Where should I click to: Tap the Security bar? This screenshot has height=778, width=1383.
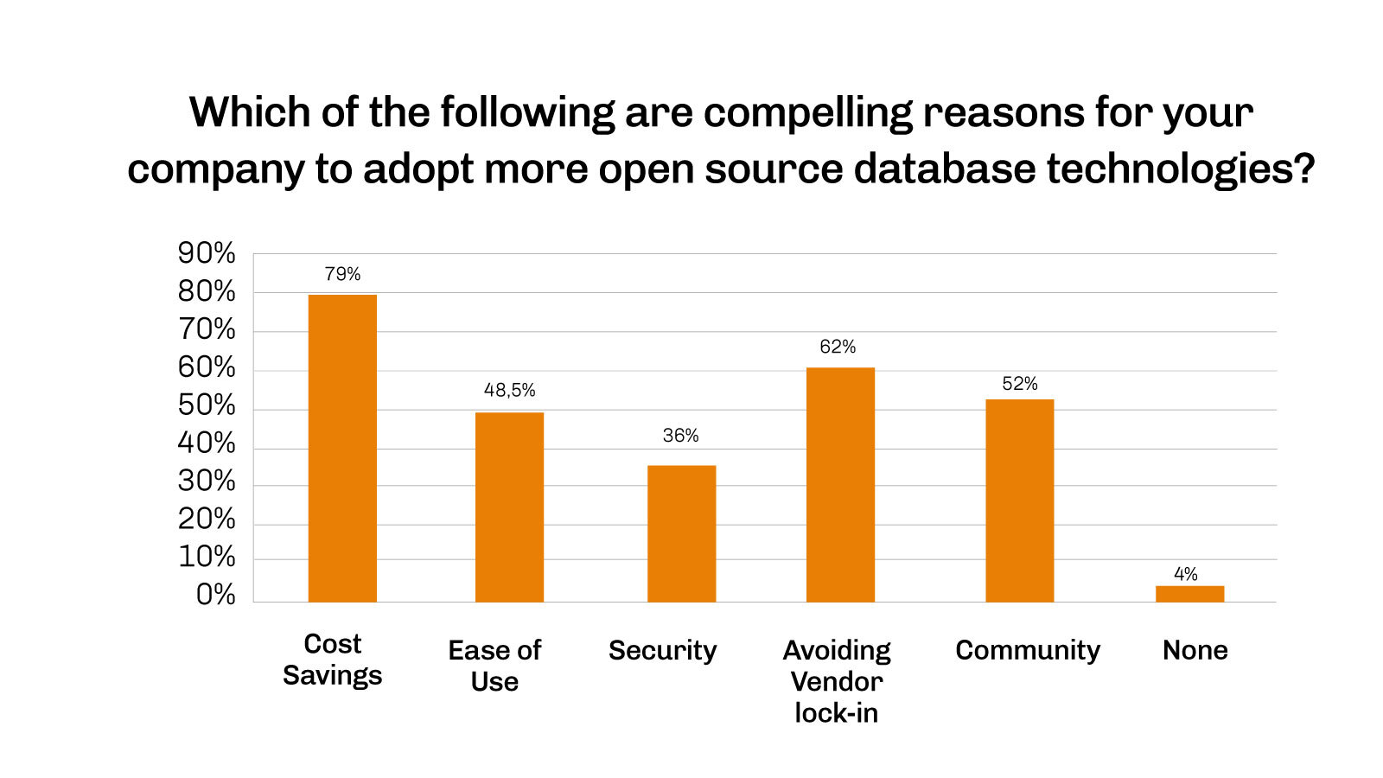tap(681, 533)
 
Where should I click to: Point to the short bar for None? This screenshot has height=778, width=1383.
tap(1189, 594)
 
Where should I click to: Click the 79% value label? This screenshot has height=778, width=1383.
tap(342, 274)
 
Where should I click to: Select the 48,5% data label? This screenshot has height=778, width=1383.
tap(509, 390)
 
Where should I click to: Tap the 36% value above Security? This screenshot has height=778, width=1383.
tap(680, 436)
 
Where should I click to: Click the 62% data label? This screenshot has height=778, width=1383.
tap(838, 347)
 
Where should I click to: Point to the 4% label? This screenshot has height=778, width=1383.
tap(1185, 574)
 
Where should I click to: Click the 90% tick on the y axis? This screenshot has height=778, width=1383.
tap(207, 253)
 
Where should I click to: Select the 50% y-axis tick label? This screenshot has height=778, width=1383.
tap(207, 405)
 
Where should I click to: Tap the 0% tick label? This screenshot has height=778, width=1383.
tap(215, 595)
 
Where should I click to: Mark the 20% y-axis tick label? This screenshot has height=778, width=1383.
tap(207, 519)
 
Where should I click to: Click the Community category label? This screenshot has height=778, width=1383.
tap(1027, 650)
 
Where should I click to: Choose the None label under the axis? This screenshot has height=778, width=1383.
tap(1195, 650)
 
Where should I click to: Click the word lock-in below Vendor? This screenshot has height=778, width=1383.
tap(836, 713)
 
